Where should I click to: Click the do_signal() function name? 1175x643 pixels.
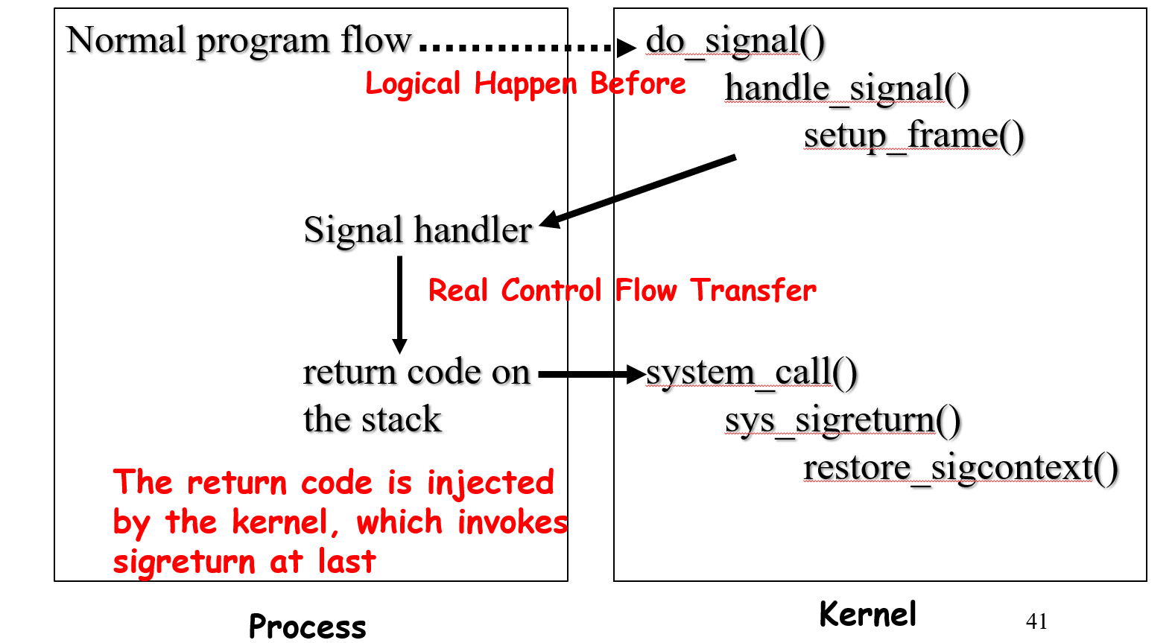click(x=735, y=41)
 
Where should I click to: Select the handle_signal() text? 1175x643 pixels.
click(x=846, y=89)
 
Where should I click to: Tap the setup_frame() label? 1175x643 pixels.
click(x=913, y=136)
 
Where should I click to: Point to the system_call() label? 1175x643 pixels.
click(x=751, y=373)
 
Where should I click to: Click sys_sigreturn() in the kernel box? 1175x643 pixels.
click(x=842, y=421)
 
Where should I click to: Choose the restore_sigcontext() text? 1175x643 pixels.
click(x=960, y=469)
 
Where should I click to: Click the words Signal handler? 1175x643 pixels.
click(x=417, y=230)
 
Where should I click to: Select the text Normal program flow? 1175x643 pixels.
click(x=238, y=40)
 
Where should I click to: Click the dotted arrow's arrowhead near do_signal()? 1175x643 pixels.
click(x=626, y=48)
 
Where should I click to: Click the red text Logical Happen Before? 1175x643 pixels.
click(x=525, y=84)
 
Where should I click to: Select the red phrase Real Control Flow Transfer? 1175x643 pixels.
click(x=621, y=291)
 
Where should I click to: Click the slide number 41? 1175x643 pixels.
click(x=1036, y=621)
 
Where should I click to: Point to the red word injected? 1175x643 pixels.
click(x=490, y=484)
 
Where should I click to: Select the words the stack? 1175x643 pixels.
click(x=372, y=420)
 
